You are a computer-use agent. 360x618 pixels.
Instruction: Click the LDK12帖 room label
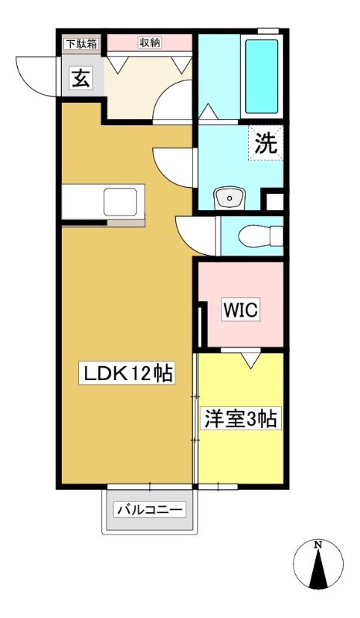pyautogui.click(x=127, y=373)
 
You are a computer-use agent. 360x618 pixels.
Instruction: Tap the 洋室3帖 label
pyautogui.click(x=240, y=419)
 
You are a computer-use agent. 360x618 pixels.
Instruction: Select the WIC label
pyautogui.click(x=240, y=310)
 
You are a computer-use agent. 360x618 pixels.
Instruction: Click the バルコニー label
pyautogui.click(x=150, y=510)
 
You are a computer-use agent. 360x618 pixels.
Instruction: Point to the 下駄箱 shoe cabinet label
pyautogui.click(x=81, y=44)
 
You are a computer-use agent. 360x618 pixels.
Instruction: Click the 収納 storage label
pyautogui.click(x=150, y=42)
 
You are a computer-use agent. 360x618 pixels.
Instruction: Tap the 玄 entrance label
pyautogui.click(x=81, y=78)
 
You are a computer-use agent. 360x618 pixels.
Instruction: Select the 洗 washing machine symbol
pyautogui.click(x=266, y=143)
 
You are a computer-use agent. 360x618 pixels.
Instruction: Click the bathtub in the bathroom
pyautogui.click(x=262, y=76)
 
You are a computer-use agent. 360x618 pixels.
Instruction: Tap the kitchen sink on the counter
pyautogui.click(x=121, y=202)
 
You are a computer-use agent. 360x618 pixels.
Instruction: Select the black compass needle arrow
pyautogui.click(x=318, y=569)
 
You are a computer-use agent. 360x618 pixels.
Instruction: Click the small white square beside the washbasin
pyautogui.click(x=274, y=202)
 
